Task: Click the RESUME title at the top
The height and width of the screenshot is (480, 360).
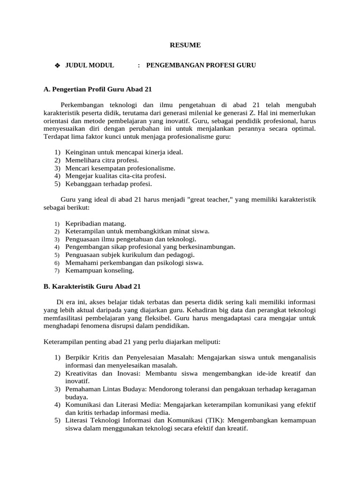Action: [185, 45]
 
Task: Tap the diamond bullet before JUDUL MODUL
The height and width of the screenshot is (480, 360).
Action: [57, 66]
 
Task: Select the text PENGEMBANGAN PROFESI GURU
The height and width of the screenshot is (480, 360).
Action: [201, 66]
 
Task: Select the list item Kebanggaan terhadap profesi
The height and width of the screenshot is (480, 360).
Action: [105, 184]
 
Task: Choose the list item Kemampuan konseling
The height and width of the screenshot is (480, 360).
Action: [99, 270]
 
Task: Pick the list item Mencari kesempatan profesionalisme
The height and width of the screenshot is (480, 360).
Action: [120, 168]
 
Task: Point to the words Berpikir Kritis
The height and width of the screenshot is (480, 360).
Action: [86, 357]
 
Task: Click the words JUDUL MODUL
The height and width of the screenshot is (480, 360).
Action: [90, 66]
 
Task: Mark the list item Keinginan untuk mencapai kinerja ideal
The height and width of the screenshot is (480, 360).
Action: [124, 152]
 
